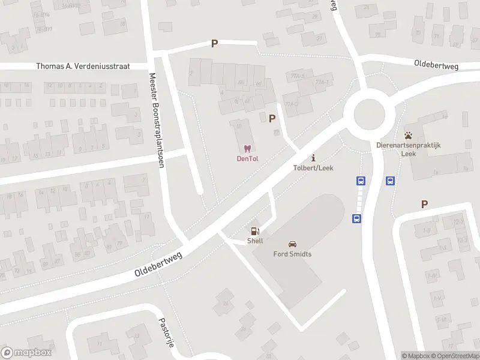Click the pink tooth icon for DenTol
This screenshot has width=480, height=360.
[247, 149]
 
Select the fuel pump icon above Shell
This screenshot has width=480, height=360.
[255, 231]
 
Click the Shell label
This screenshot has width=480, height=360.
[255, 241]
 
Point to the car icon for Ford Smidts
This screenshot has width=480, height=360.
[293, 244]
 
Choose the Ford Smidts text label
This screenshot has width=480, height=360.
[293, 254]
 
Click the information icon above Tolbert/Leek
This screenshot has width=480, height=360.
[313, 158]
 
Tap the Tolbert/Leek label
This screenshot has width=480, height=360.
[313, 168]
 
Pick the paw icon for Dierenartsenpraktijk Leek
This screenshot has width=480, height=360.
[409, 135]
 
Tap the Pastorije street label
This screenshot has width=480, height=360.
[166, 333]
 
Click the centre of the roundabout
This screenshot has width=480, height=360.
[368, 113]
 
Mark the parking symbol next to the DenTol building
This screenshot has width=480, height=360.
[273, 119]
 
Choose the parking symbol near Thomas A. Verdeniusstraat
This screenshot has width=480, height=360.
[214, 44]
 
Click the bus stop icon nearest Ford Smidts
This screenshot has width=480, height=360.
[356, 219]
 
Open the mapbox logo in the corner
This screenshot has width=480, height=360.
[26, 353]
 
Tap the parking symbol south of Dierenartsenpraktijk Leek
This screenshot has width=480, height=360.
[424, 205]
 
